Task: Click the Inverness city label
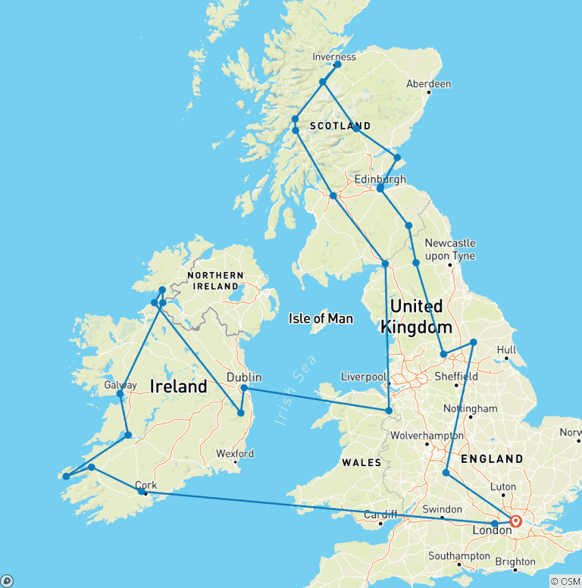334,57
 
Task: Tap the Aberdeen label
428,83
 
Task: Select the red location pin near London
515,521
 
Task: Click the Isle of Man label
321,318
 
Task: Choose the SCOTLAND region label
340,126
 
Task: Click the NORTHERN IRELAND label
217,280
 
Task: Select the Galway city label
120,385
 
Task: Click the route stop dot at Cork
142,492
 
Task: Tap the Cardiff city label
380,514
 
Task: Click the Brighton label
515,561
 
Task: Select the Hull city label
507,350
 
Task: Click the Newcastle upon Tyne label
450,249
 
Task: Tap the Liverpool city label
363,376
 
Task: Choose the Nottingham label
470,408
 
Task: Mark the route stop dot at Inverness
337,64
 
